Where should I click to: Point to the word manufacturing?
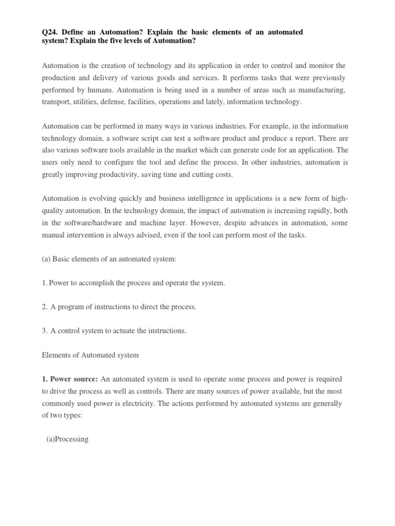point(323,90)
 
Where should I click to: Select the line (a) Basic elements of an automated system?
point(109,259)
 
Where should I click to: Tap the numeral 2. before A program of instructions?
point(44,307)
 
